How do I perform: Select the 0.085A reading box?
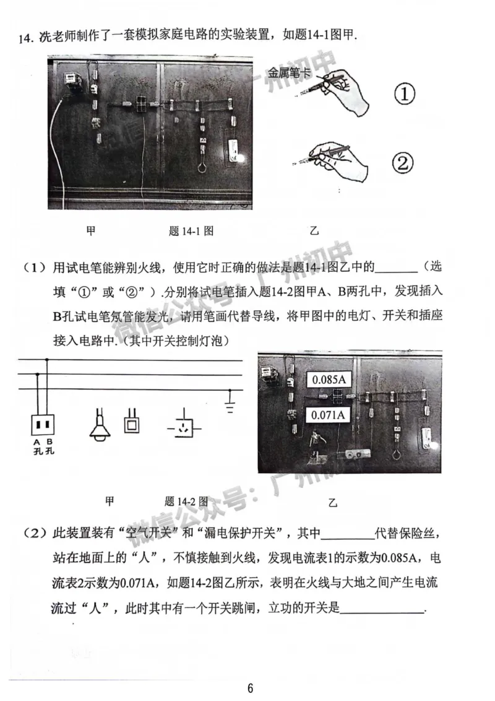point(329,380)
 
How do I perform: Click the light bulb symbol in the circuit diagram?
point(98,425)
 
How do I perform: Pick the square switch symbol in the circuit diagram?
point(132,422)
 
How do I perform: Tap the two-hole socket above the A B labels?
point(43,425)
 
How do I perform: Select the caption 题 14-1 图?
point(191,231)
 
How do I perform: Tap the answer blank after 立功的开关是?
point(384,610)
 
